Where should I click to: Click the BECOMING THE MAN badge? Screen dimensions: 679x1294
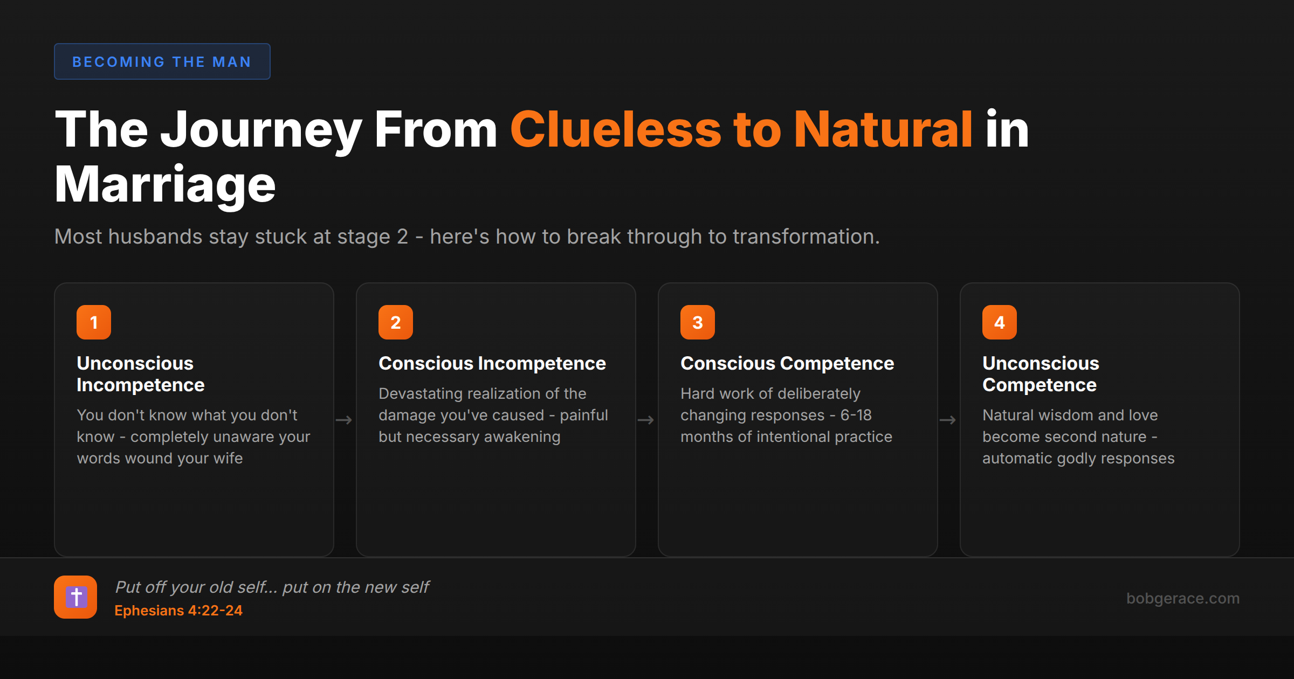click(162, 61)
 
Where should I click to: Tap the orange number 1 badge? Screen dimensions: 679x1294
click(94, 322)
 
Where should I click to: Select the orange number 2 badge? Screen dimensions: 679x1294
click(396, 322)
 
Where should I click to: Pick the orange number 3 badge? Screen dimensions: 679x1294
click(698, 322)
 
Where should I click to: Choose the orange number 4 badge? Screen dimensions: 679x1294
click(1000, 322)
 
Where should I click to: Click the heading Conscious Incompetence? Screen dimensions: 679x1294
click(492, 364)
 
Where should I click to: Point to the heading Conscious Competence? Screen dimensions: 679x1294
click(787, 364)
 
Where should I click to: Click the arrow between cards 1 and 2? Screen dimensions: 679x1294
click(344, 420)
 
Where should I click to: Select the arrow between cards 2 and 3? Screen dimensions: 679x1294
click(646, 420)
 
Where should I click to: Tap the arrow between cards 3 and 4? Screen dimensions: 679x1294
click(948, 420)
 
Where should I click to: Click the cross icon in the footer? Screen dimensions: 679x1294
click(75, 597)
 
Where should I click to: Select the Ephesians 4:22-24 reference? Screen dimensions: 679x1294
click(178, 611)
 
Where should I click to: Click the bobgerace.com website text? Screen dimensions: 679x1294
click(1183, 598)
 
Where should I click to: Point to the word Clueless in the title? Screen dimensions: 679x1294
click(615, 130)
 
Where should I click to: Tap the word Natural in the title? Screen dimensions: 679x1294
click(883, 130)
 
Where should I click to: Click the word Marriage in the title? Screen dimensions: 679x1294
click(165, 185)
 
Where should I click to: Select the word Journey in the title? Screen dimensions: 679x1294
click(261, 130)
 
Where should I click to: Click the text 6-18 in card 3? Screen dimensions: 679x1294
click(856, 415)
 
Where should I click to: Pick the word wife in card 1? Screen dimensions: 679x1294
click(228, 458)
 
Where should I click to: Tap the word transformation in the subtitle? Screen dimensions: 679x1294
click(793, 237)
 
